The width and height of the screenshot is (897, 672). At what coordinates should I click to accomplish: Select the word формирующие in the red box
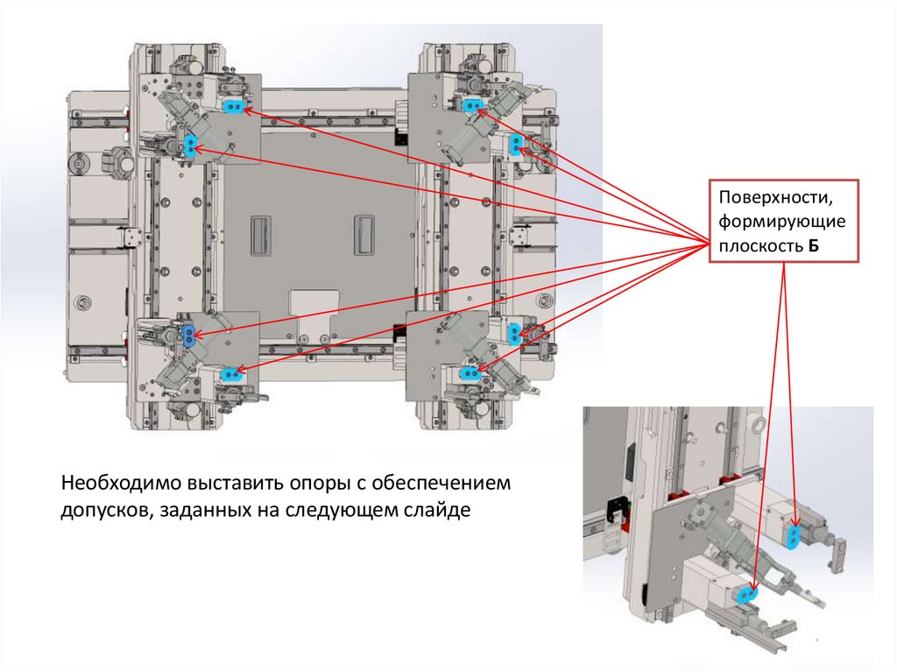pos(781,222)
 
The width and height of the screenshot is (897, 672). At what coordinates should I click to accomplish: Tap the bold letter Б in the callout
pos(813,246)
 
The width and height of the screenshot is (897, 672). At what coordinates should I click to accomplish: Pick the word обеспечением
pos(441,484)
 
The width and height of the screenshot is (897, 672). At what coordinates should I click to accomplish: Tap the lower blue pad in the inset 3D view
pos(745,593)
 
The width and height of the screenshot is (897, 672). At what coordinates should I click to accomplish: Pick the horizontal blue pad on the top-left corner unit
pos(233,107)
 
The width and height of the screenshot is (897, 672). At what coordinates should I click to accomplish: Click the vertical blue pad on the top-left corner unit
pos(190,145)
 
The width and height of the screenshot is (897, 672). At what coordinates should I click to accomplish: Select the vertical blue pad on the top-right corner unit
pos(515,145)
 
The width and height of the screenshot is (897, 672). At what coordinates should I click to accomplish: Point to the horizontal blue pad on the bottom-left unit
pos(230,374)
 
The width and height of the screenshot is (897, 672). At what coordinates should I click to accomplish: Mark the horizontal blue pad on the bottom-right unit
pos(470,374)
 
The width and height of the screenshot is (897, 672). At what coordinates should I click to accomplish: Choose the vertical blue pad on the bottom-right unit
pos(513,333)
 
